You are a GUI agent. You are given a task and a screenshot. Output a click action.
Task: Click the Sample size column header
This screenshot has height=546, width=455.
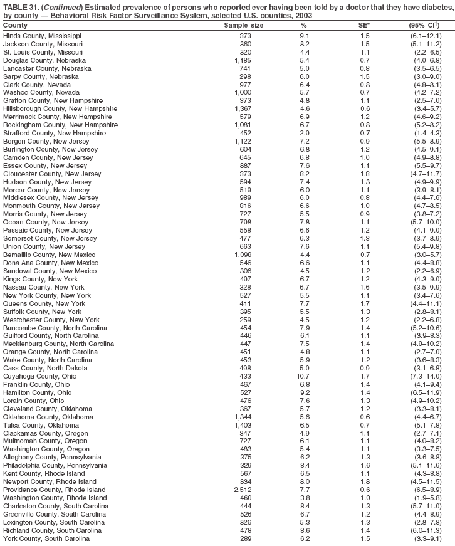[244, 25]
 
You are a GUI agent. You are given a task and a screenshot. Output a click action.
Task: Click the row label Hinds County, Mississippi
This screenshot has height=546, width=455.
[42, 36]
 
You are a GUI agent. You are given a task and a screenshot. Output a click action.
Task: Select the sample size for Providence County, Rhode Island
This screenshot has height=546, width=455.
[243, 490]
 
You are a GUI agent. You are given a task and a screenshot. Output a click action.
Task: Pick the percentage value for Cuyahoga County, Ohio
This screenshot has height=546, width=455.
[303, 377]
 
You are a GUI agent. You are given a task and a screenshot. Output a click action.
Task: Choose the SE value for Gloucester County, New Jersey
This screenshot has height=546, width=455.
[365, 174]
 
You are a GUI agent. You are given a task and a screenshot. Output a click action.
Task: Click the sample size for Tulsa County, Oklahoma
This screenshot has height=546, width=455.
[243, 424]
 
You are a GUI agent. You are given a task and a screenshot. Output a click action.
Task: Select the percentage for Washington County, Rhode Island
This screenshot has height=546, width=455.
[303, 498]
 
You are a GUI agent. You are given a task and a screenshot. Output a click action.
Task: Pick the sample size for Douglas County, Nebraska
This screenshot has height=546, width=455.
[243, 60]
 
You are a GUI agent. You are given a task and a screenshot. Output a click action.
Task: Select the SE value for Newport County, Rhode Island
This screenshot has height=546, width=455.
[365, 481]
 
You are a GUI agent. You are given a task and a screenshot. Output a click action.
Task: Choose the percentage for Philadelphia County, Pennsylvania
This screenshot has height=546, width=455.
[303, 465]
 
